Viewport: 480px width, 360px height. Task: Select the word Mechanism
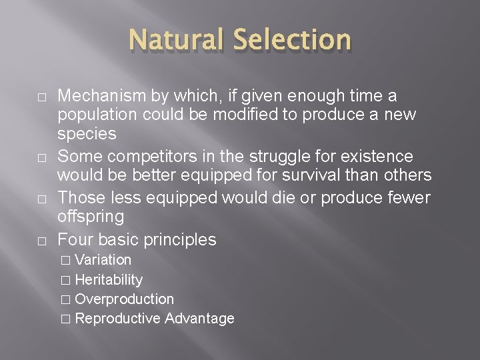pos(97,97)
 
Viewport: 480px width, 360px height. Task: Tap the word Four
pos(75,238)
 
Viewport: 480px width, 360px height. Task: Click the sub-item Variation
pos(103,259)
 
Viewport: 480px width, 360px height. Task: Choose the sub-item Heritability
pos(109,279)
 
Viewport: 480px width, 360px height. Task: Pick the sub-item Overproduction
pos(124,299)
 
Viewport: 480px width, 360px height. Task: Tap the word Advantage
pos(199,319)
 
